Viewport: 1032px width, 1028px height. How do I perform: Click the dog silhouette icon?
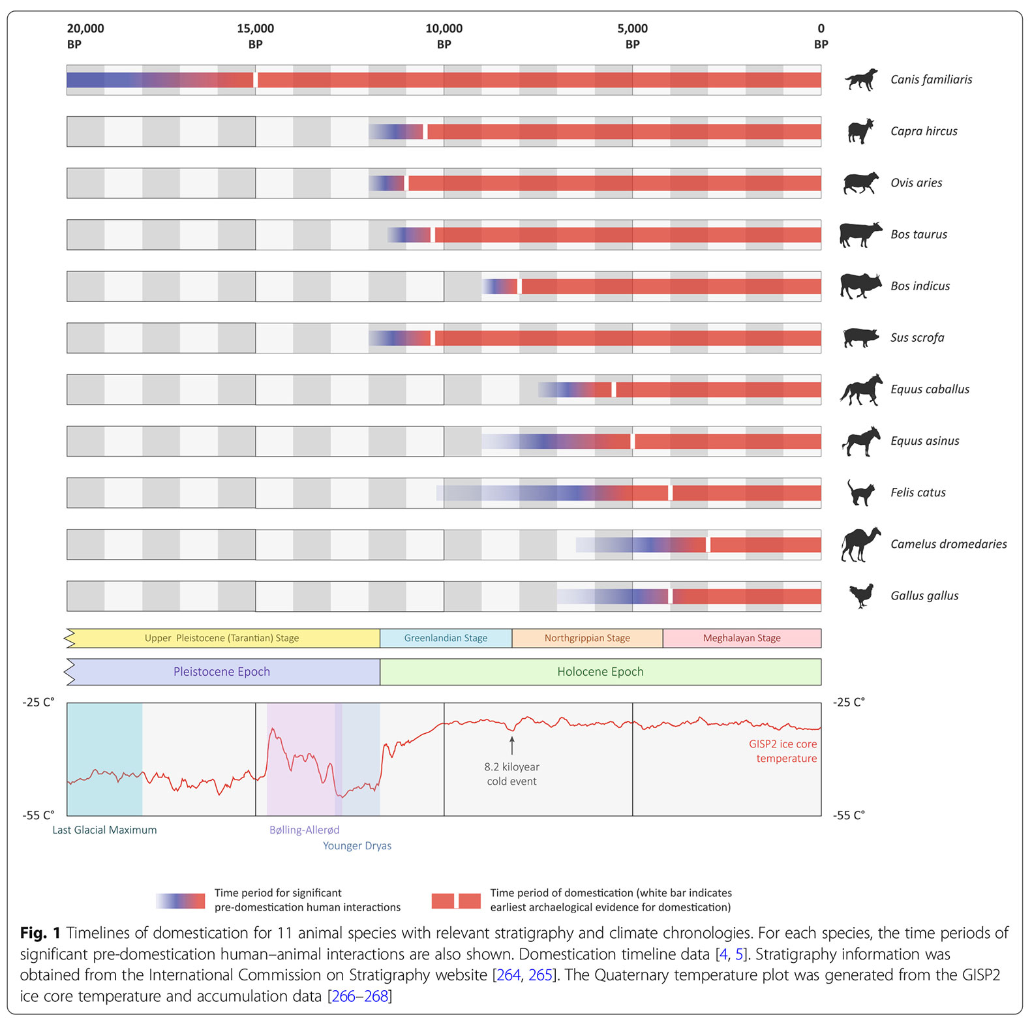tap(860, 80)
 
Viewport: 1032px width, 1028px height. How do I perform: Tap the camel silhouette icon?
tap(860, 545)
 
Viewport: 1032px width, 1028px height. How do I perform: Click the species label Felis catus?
tap(918, 492)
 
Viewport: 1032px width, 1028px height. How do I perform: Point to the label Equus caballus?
tap(930, 389)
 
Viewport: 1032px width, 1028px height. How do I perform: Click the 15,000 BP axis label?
tap(255, 36)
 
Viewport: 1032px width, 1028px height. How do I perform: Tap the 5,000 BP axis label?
tap(632, 36)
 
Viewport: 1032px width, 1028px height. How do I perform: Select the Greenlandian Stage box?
tap(446, 638)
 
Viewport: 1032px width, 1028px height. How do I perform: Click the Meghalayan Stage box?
tap(742, 638)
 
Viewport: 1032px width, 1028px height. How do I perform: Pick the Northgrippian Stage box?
tap(587, 638)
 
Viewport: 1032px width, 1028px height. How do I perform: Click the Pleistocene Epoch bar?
tap(222, 672)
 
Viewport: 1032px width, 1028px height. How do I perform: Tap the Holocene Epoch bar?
tap(600, 672)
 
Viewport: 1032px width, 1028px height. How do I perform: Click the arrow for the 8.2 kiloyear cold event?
tap(512, 745)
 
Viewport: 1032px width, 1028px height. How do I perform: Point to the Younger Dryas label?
tap(357, 846)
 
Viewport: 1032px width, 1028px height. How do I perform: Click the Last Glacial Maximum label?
tap(104, 830)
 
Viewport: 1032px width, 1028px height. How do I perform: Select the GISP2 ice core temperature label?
tap(783, 751)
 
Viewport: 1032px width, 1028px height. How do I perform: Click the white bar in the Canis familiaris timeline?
tap(256, 80)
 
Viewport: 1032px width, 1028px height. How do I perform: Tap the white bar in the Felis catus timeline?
tap(670, 493)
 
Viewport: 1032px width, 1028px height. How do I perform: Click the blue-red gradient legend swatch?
tap(181, 901)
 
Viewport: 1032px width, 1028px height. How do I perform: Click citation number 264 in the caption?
tap(508, 975)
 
